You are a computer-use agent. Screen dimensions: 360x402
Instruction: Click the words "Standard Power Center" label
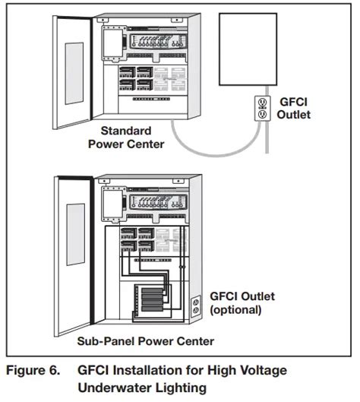click(126, 138)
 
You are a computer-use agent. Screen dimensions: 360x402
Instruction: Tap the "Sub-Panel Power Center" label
click(146, 341)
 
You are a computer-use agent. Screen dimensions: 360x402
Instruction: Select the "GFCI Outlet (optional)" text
click(242, 303)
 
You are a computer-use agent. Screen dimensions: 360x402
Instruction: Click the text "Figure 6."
click(33, 370)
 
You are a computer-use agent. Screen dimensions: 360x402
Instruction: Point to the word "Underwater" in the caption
click(115, 388)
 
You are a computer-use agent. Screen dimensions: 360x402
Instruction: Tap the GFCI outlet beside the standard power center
click(262, 108)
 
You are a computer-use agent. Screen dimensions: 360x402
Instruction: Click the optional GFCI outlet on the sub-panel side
click(196, 305)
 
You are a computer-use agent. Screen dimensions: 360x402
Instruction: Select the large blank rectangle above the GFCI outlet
click(248, 49)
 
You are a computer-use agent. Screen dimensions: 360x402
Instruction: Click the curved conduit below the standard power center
click(215, 154)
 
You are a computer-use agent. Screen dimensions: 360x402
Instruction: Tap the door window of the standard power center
click(74, 73)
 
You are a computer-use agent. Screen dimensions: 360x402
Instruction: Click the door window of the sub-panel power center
click(76, 235)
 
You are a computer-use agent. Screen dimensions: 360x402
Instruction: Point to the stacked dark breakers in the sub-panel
click(152, 299)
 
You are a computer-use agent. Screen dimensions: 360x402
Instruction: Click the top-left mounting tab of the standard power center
click(103, 20)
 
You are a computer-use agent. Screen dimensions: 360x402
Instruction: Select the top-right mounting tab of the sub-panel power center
click(178, 181)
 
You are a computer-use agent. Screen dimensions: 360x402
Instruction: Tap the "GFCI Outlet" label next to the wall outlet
click(294, 108)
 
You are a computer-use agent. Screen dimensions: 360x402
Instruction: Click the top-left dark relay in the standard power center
click(127, 72)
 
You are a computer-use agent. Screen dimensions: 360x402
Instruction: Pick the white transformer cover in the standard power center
click(112, 43)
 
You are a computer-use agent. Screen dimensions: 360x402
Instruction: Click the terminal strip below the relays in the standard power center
click(151, 99)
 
